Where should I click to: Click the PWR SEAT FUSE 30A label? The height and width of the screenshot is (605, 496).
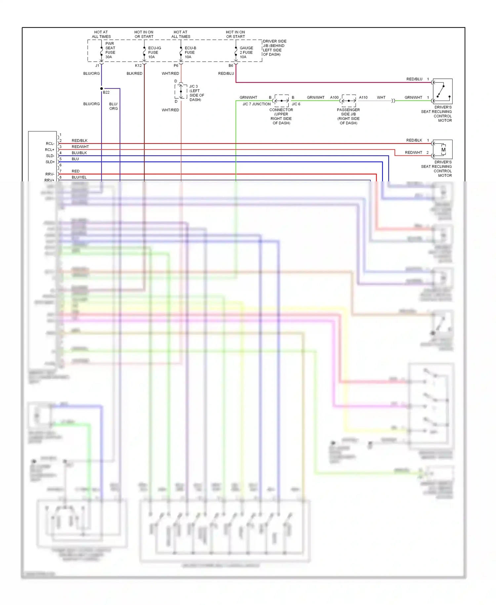tap(110, 50)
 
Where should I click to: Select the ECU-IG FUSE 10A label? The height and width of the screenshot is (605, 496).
tap(154, 52)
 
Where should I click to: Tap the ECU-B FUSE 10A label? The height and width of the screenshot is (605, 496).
tap(190, 52)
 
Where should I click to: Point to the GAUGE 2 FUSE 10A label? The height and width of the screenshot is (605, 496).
tap(246, 52)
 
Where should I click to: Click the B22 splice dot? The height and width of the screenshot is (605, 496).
tap(102, 88)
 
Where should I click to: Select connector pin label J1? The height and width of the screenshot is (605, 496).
tap(97, 66)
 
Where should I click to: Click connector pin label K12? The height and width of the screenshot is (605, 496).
tap(138, 66)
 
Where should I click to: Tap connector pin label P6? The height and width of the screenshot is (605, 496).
tap(176, 66)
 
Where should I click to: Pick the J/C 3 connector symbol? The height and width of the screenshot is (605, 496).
tap(181, 91)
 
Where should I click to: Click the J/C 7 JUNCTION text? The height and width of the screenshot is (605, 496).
tap(257, 104)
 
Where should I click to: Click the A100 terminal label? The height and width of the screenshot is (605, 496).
tap(334, 97)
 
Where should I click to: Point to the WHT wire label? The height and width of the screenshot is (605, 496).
tap(381, 97)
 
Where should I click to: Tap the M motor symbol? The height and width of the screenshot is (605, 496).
tap(443, 150)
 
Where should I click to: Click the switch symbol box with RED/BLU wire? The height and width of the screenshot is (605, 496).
tap(443, 91)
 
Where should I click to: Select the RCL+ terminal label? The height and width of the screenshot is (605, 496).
tap(50, 150)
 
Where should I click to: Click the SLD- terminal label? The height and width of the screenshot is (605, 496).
tap(50, 156)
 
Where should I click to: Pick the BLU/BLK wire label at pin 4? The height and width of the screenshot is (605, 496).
tap(79, 153)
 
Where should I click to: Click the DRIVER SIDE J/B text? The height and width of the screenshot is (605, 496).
tap(274, 48)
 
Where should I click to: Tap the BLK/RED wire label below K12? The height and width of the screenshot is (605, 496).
tap(134, 73)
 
